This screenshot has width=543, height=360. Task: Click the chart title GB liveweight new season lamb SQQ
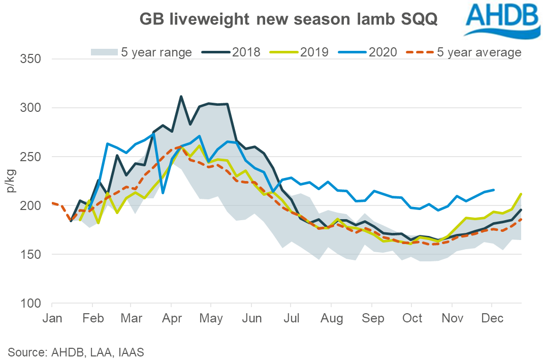tap(289, 20)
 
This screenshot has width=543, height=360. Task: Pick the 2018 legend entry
tap(232, 51)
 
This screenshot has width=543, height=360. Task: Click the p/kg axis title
tap(11, 182)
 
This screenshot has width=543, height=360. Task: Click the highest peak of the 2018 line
tap(181, 96)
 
